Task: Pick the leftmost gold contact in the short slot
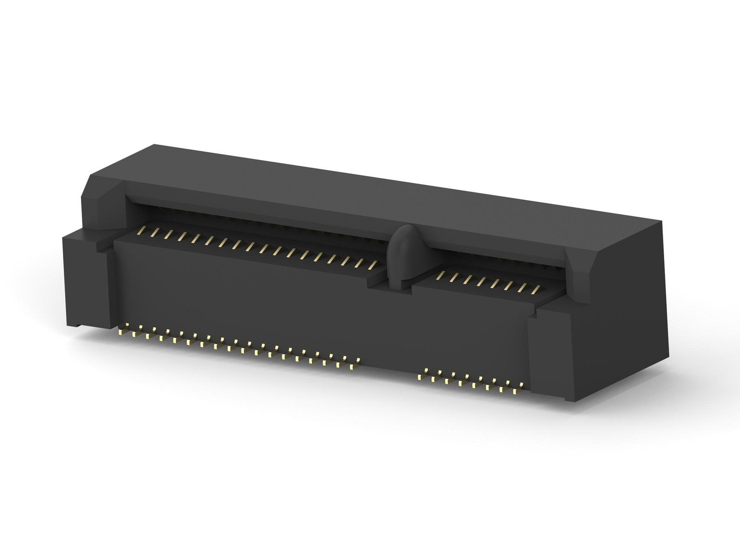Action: pos(441,276)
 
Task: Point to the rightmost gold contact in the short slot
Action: pos(536,290)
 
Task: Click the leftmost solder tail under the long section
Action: pos(121,332)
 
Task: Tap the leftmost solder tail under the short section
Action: pos(420,376)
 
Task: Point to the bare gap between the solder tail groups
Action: pos(388,370)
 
